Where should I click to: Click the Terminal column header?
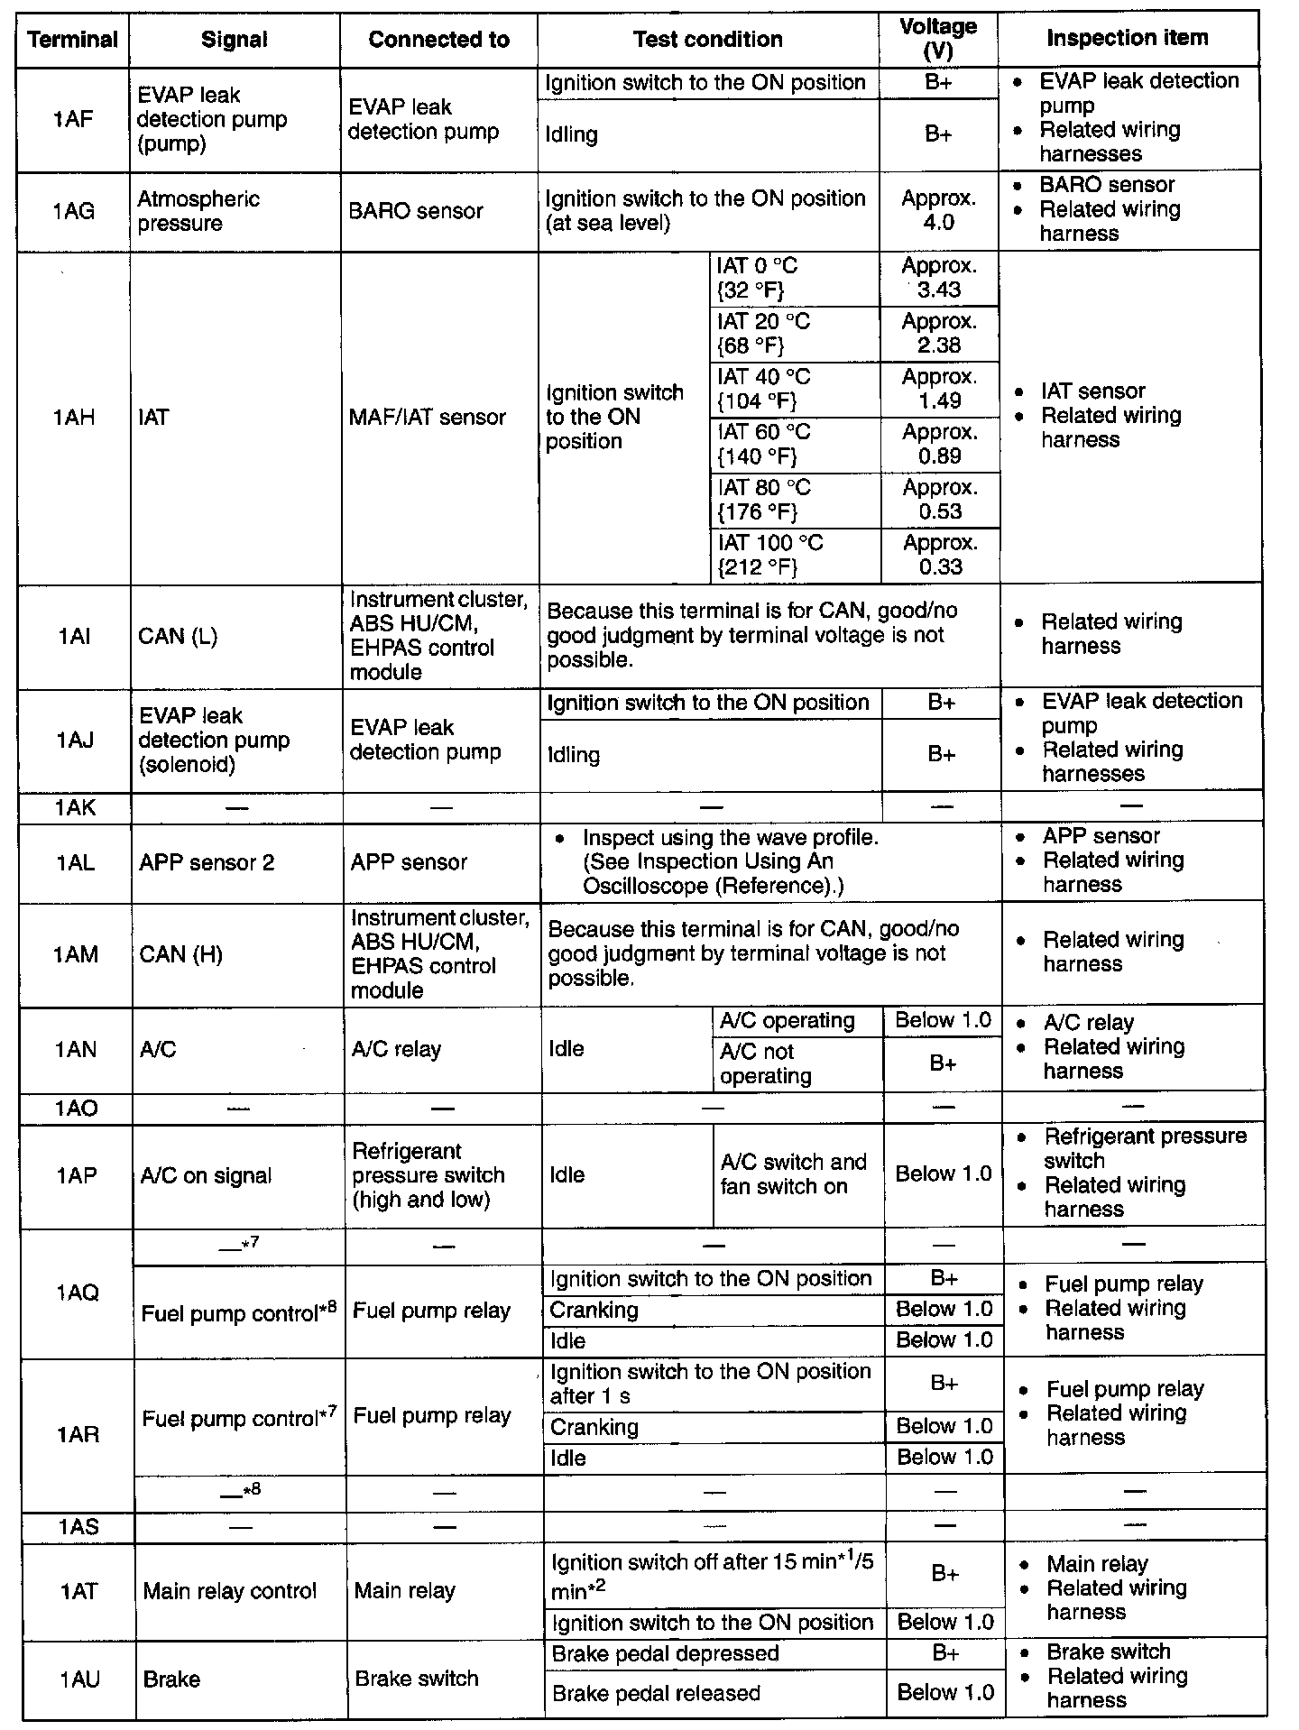click(x=72, y=40)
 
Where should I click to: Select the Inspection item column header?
click(x=1127, y=38)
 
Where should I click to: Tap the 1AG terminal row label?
click(x=73, y=211)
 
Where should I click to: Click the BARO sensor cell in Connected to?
click(x=416, y=211)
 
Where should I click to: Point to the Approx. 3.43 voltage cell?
click(x=938, y=278)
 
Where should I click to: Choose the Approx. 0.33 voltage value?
click(x=940, y=555)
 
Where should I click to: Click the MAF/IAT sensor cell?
click(x=428, y=417)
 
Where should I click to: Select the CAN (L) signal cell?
click(x=178, y=636)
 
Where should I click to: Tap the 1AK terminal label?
click(x=75, y=807)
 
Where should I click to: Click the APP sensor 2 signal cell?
click(x=207, y=862)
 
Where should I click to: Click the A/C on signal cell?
click(x=206, y=1175)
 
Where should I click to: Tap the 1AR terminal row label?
click(x=78, y=1434)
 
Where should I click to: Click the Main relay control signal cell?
click(x=229, y=1591)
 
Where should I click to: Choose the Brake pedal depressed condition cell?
click(x=665, y=1653)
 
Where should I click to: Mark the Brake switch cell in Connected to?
click(x=417, y=1679)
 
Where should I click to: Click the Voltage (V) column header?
click(x=938, y=39)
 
